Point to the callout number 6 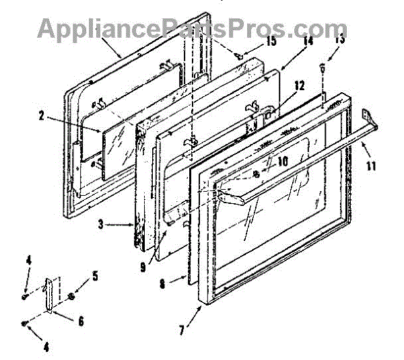(x=80, y=322)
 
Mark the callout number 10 (x=283, y=161)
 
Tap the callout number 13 (x=341, y=40)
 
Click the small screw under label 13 (x=324, y=67)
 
